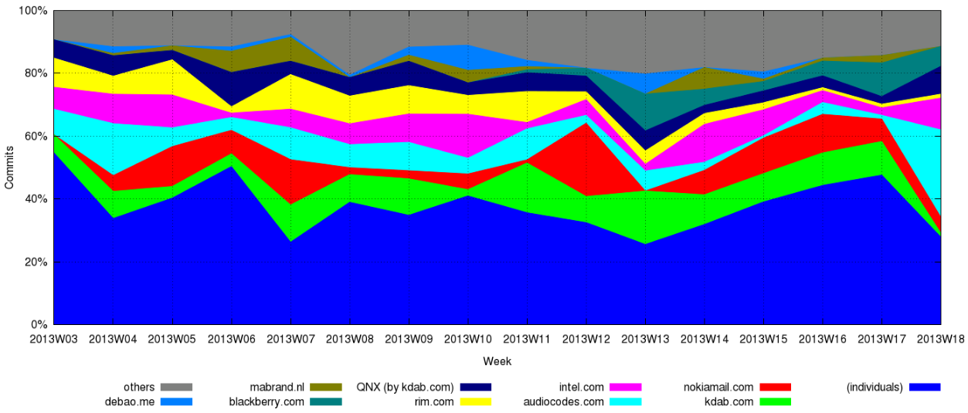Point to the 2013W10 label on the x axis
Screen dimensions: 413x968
(467, 338)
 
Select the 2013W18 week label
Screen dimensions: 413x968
(939, 338)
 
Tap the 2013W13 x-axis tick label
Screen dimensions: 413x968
(644, 338)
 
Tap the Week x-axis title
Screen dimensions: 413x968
(497, 361)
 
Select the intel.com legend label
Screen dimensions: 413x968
(581, 387)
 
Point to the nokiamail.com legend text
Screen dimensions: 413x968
(718, 387)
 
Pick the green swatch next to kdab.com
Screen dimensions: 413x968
(775, 401)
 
